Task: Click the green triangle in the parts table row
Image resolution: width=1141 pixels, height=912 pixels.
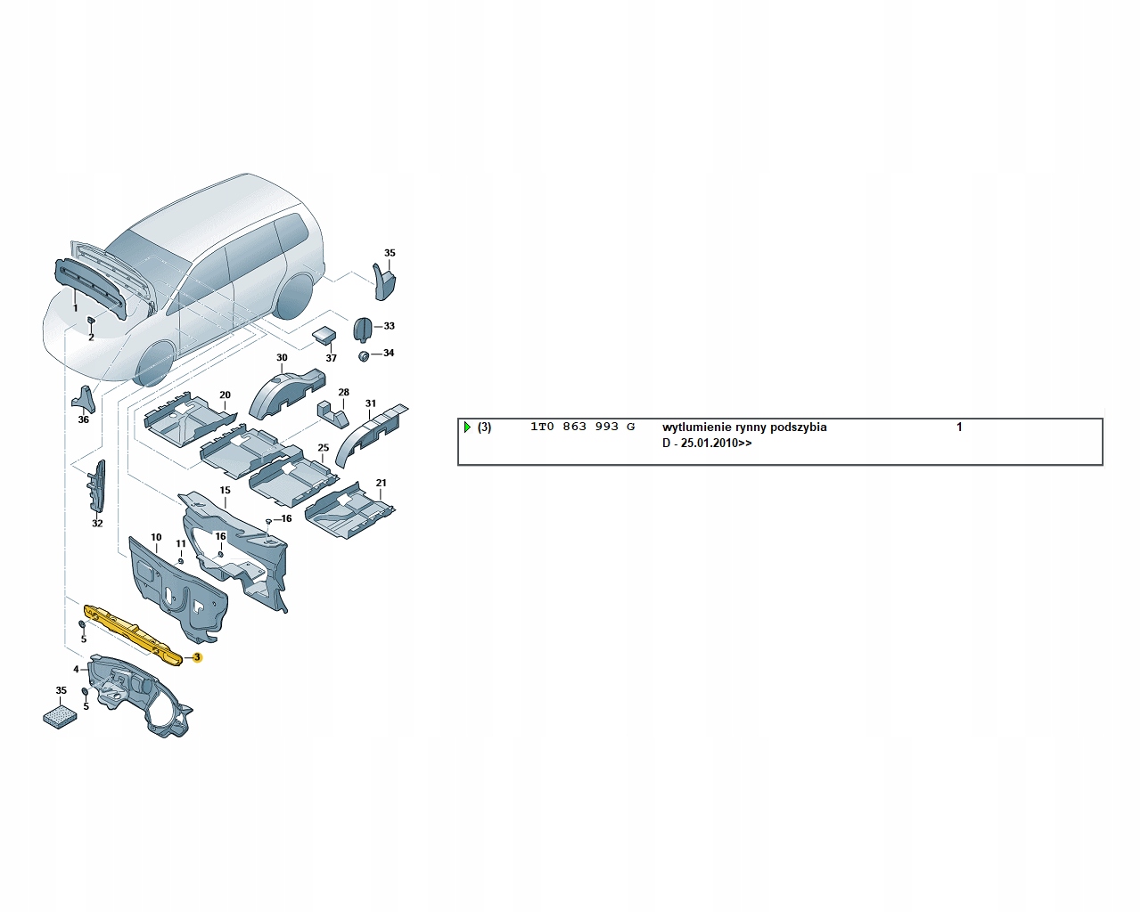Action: coord(467,427)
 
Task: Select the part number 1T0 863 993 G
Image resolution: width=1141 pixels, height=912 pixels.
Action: coord(582,427)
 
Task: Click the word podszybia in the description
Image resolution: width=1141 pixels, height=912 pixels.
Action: coord(798,427)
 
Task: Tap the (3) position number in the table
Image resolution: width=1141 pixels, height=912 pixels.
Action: coord(484,427)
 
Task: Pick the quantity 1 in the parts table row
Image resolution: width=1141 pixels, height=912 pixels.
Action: coord(959,427)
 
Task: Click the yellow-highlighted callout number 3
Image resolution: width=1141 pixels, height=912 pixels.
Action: coord(198,657)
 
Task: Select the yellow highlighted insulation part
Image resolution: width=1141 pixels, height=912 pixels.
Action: coord(134,627)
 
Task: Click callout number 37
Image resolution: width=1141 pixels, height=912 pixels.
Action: coord(331,358)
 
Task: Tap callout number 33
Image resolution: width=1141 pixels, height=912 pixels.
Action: coord(389,326)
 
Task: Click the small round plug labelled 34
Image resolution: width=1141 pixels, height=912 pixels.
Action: coord(364,356)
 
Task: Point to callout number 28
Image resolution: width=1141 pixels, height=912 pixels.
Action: coord(343,392)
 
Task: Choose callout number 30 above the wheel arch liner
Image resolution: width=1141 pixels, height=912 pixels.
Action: coord(282,358)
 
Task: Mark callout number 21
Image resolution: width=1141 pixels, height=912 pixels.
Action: coord(382,484)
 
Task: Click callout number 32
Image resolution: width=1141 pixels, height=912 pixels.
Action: coord(97,524)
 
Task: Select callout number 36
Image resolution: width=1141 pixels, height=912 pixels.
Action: coord(84,419)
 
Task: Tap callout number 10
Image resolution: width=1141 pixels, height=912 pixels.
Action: coord(156,538)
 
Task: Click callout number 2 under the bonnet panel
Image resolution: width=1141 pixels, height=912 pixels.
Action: coord(91,338)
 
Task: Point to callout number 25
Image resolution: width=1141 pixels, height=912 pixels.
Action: coord(323,448)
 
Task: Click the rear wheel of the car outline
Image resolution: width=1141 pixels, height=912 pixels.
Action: coord(294,296)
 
